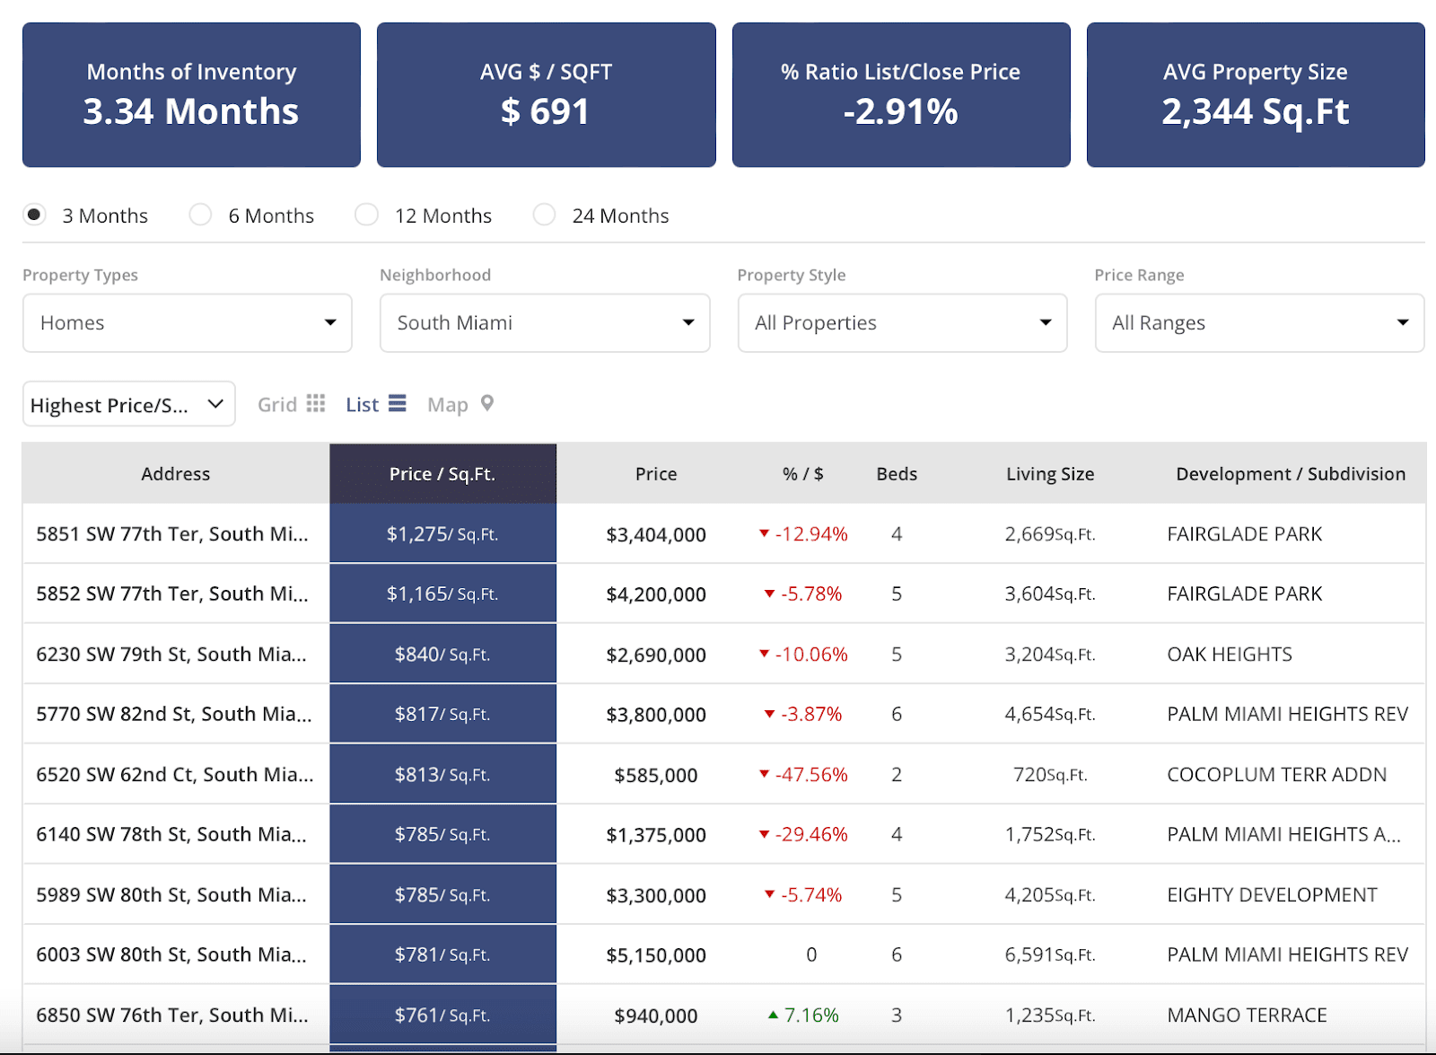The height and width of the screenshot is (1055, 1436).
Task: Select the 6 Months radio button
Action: (x=201, y=215)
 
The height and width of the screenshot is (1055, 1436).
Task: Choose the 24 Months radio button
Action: (x=544, y=215)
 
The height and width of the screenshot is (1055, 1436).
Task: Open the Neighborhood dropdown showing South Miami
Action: (x=544, y=323)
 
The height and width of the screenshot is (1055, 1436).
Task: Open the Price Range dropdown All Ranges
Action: (x=1258, y=323)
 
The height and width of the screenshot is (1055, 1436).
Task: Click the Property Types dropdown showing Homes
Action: (x=187, y=323)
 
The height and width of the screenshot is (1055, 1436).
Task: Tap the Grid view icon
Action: (x=315, y=404)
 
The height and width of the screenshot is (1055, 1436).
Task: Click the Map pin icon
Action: (x=487, y=403)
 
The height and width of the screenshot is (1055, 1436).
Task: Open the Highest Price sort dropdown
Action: (x=128, y=405)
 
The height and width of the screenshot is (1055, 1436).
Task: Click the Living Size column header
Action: (x=1049, y=474)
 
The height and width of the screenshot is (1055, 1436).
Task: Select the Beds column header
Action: (x=897, y=474)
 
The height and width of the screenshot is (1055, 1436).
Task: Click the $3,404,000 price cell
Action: (x=656, y=535)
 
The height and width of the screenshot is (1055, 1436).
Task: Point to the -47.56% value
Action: (x=810, y=775)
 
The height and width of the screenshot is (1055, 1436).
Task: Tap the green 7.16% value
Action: (x=810, y=1015)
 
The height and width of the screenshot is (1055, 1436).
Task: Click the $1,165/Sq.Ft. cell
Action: (x=442, y=594)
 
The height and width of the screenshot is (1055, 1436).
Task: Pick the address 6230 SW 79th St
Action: (x=171, y=655)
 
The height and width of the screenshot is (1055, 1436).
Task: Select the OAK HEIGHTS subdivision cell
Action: (x=1229, y=655)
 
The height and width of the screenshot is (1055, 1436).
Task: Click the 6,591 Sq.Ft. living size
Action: (x=1049, y=955)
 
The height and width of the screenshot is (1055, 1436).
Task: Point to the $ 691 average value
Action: (x=545, y=112)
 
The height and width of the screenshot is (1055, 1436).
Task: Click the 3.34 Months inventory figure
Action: (x=191, y=112)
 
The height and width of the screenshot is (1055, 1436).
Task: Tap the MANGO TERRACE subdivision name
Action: (x=1246, y=1015)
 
